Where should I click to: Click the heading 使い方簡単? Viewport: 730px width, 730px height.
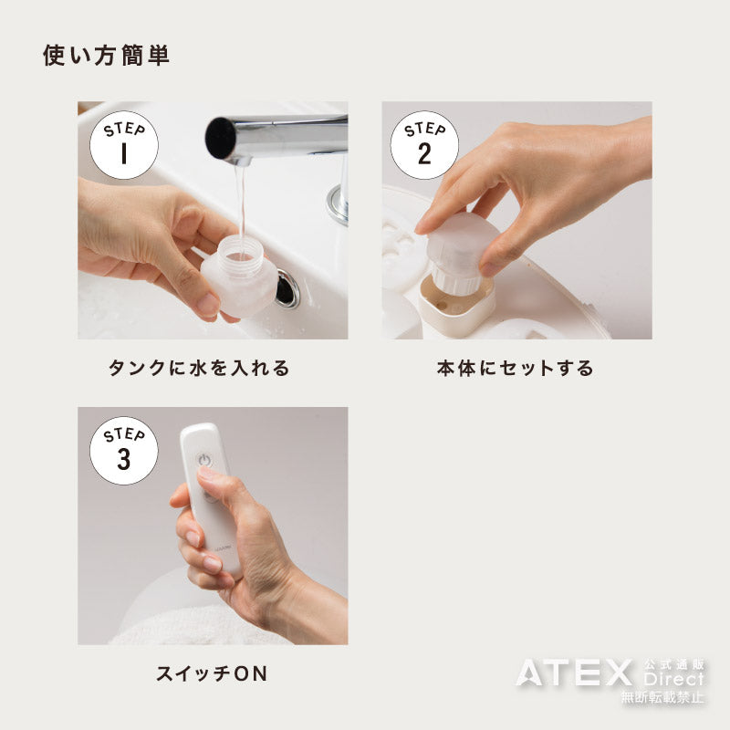106,56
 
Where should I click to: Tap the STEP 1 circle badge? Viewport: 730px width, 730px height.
124,145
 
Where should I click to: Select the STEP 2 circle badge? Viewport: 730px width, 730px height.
424,145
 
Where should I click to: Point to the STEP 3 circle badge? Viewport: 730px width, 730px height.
124,451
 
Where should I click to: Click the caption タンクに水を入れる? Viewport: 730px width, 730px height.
199,368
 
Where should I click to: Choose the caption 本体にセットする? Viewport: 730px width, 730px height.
516,368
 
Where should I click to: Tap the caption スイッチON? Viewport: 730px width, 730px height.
212,673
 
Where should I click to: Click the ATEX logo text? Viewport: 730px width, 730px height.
574,673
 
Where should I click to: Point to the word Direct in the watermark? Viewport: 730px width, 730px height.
673,679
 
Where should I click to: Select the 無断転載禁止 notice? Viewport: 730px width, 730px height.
662,696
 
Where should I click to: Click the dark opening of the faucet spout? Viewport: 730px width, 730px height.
220,138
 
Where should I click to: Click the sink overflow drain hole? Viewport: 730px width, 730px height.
287,288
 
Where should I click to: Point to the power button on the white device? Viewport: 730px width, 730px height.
204,461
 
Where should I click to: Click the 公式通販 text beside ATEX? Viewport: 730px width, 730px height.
674,665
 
